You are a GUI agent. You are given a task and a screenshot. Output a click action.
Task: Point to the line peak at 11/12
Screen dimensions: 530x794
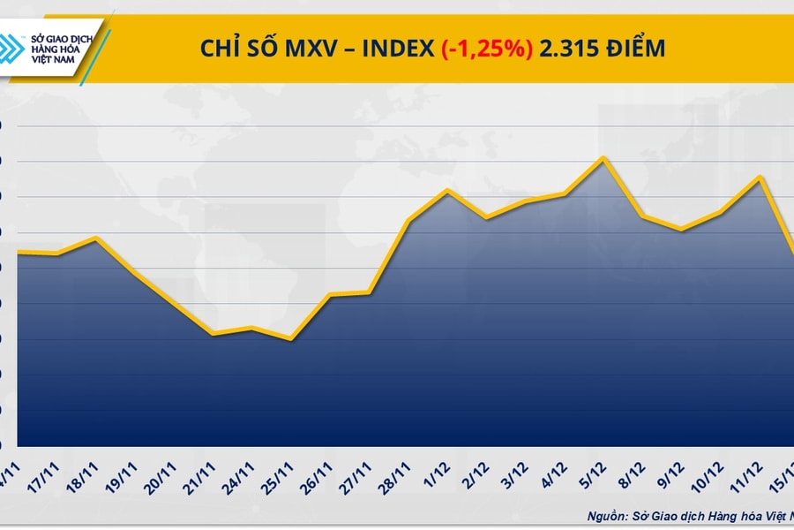[x=759, y=177]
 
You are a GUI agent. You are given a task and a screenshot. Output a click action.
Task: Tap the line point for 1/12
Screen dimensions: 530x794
[x=448, y=190]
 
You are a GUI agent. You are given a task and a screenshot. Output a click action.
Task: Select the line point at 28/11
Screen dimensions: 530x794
[x=409, y=220]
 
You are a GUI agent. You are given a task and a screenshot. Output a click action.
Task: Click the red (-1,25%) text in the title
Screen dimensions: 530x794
[x=487, y=49]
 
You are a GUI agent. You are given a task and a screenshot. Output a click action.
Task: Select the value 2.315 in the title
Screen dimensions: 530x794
[x=568, y=49]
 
